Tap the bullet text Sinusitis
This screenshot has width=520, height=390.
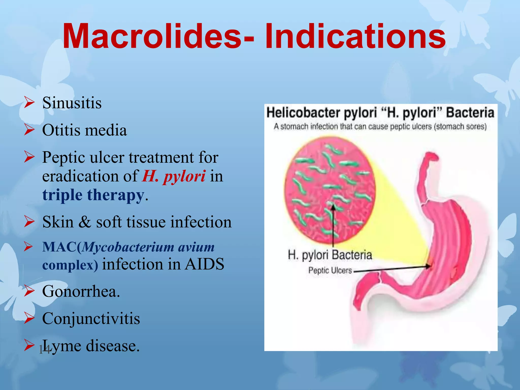click(72, 103)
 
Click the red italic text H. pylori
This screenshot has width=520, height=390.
click(174, 176)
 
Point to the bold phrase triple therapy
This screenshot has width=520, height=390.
click(93, 195)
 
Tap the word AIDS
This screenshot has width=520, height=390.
click(204, 264)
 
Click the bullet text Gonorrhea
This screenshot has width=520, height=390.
click(81, 291)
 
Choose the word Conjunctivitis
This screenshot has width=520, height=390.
click(91, 318)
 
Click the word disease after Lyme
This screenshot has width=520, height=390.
click(113, 346)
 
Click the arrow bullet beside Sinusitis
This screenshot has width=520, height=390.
click(29, 103)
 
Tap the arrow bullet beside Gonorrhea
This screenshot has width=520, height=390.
click(29, 291)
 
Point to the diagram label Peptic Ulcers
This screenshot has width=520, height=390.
click(330, 271)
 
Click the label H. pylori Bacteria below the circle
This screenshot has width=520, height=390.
click(330, 255)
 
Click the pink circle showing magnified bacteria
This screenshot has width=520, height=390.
click(330, 189)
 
